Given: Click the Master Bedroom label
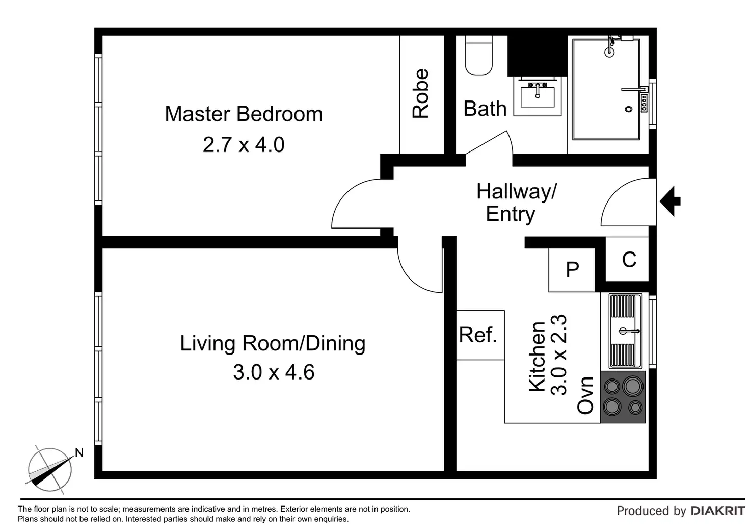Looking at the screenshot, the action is point(244,114).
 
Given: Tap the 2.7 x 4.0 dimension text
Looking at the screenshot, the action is point(244,145).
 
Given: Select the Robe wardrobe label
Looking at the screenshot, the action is point(420,93).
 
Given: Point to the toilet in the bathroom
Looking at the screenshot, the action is point(479,55).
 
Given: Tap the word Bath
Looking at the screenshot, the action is point(485,109).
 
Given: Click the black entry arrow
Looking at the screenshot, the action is point(670,201).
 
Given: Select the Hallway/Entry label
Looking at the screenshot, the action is point(516,203).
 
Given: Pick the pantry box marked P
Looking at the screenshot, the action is point(572,269).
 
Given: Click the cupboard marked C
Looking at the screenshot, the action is point(627,259).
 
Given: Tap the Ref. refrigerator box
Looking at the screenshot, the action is point(480,335).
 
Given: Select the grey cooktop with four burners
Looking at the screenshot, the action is point(623,397).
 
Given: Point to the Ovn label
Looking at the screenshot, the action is point(585,395).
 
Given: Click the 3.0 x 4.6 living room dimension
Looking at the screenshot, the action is point(274,372).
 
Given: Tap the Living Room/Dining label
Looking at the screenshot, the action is point(273,344).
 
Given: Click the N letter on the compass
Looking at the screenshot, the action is point(79,453).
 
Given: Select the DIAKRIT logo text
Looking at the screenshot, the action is point(718,511).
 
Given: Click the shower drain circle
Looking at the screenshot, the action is point(628,109).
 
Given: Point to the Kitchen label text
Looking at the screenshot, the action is point(537,357).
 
